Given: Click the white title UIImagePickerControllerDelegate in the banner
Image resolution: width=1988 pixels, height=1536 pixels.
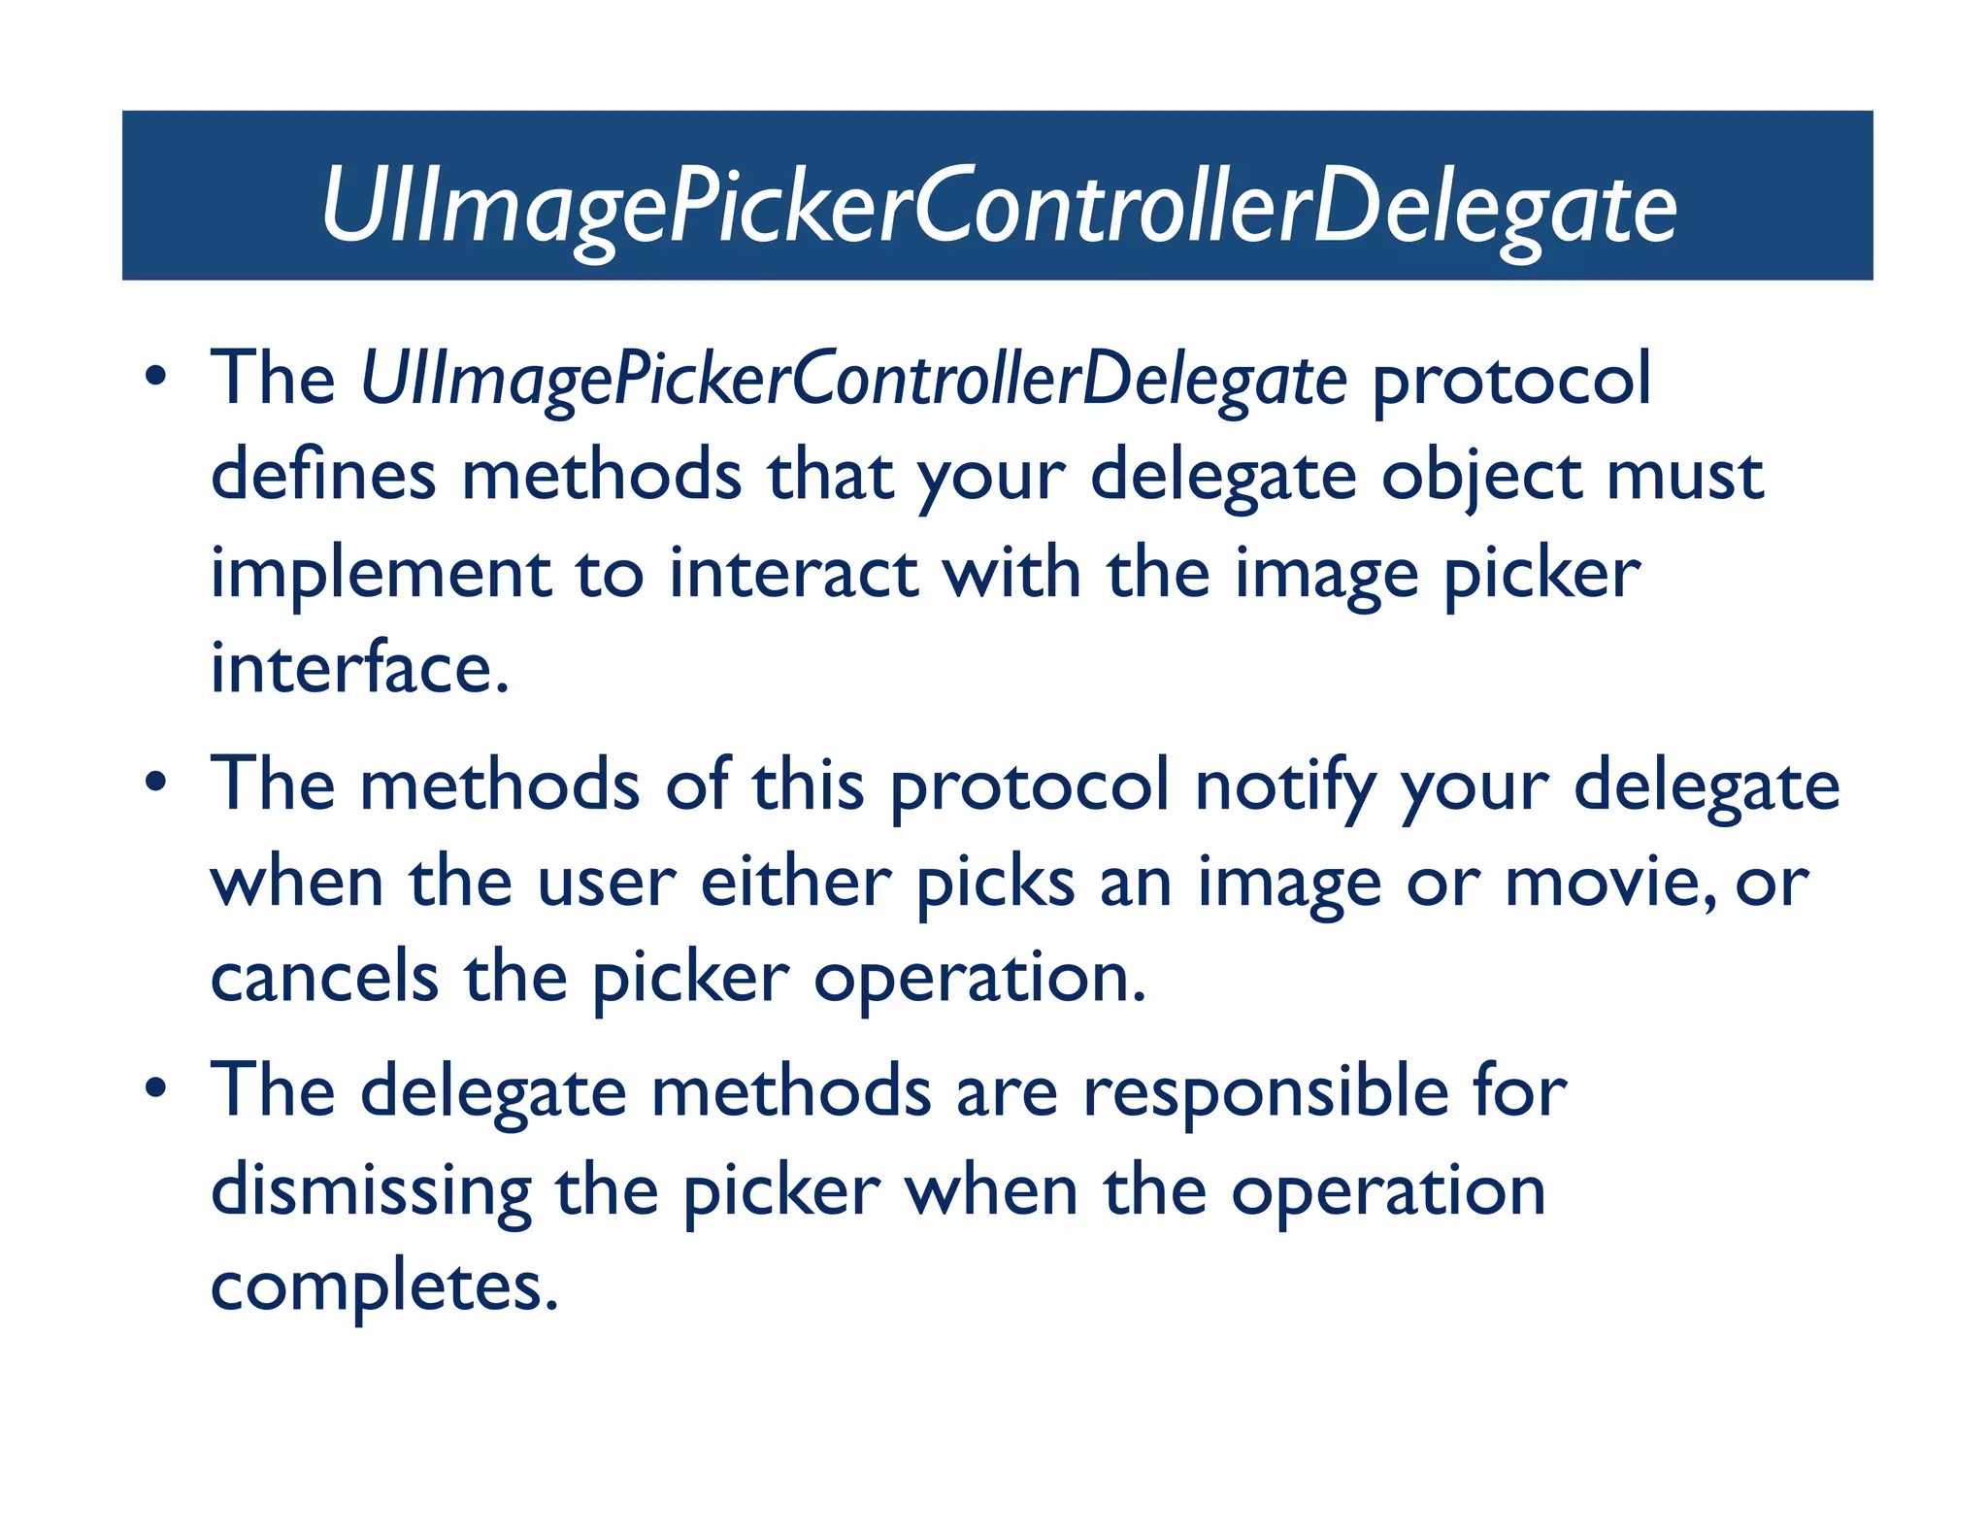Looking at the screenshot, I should tap(998, 207).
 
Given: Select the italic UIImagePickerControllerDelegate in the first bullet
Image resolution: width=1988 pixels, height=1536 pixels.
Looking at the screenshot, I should tap(853, 379).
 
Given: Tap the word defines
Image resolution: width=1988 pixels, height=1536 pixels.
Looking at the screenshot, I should tap(323, 476).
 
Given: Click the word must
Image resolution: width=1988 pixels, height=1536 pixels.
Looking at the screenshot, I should tap(1685, 476).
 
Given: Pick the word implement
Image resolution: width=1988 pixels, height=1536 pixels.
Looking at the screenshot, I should tap(381, 575).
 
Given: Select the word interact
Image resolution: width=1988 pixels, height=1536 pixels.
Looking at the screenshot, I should tap(793, 573).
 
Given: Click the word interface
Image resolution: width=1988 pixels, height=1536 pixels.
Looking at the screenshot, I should tap(359, 668).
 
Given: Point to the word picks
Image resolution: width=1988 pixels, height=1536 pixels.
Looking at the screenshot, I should tap(995, 884).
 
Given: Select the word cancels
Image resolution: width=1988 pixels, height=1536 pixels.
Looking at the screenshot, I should tap(324, 977).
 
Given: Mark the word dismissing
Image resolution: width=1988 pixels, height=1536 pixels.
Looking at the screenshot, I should tap(371, 1192).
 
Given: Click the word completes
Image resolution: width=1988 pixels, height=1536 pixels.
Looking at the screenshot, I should tap(383, 1287).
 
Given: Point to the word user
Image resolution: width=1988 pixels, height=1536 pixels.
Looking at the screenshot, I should tap(606, 884).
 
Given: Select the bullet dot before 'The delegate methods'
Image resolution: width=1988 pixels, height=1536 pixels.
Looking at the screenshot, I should tap(155, 1088).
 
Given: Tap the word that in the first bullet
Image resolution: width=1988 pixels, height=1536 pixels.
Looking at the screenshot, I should tap(830, 476).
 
